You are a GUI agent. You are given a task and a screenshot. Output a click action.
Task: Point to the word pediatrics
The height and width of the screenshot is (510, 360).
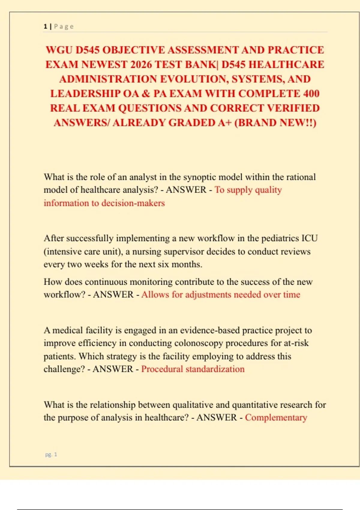(x=280, y=238)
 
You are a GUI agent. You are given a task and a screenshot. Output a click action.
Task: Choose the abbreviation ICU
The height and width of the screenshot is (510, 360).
(x=310, y=238)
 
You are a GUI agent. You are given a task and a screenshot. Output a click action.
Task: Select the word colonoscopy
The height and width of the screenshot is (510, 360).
(x=199, y=343)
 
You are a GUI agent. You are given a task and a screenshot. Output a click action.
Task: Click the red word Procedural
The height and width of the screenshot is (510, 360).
(x=162, y=369)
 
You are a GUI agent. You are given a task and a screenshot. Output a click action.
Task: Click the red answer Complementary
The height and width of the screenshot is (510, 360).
(x=276, y=418)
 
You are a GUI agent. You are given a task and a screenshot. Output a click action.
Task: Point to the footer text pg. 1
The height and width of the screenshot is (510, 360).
(x=51, y=454)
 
